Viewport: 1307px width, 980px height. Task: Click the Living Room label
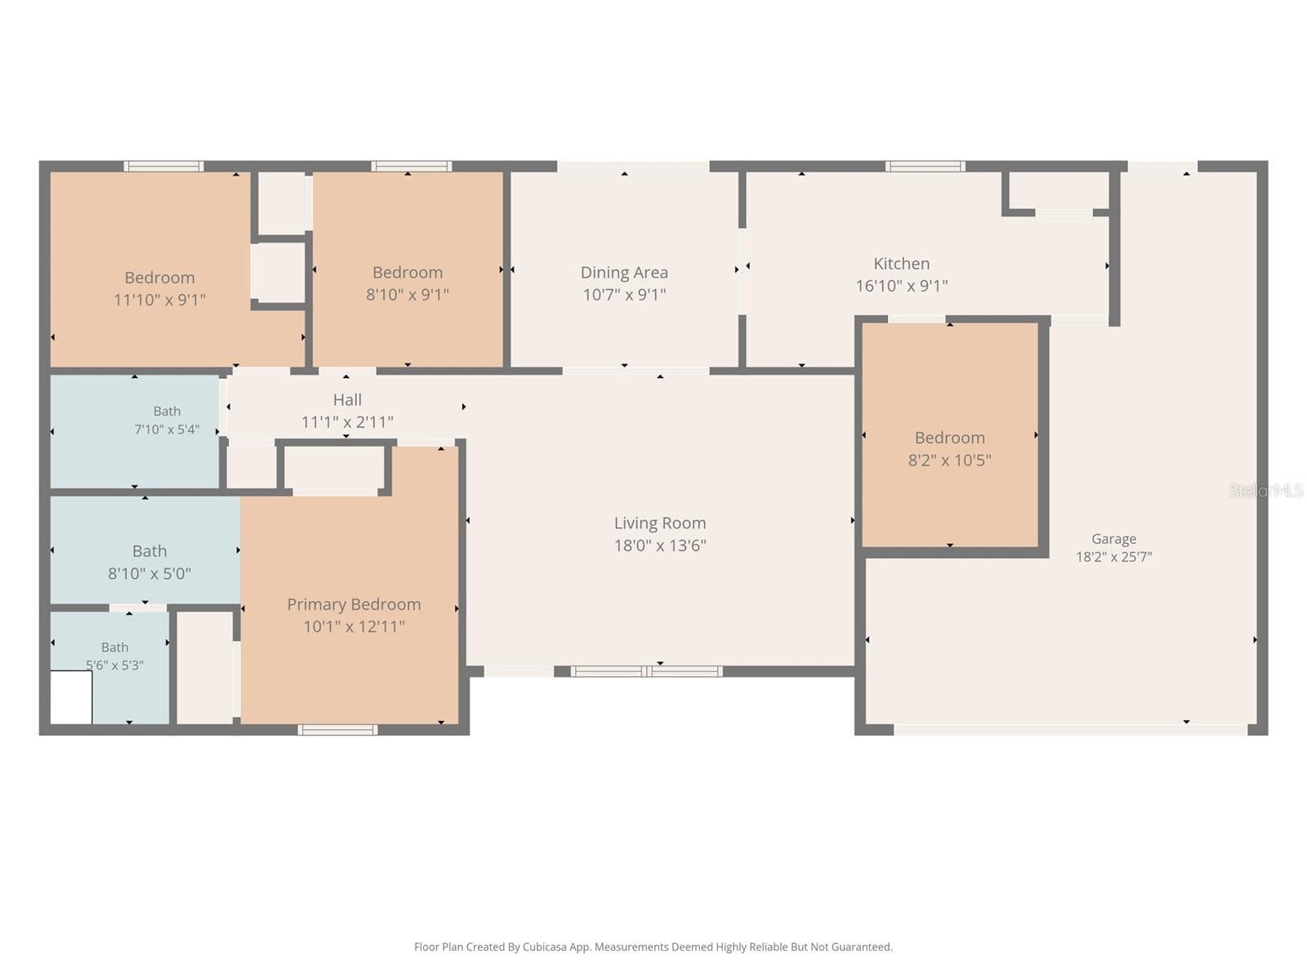(x=660, y=523)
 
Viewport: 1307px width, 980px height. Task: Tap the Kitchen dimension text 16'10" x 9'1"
(x=902, y=286)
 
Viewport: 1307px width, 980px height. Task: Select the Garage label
(x=1113, y=539)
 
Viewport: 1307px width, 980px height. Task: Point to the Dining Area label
(x=624, y=273)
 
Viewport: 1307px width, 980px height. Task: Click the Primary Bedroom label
(x=354, y=604)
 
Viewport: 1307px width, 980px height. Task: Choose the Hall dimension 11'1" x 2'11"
(x=347, y=422)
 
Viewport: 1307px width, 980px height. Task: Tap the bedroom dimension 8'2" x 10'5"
(x=950, y=461)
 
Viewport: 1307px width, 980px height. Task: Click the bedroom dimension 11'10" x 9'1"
(x=159, y=299)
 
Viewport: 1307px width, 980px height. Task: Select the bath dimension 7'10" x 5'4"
(x=167, y=429)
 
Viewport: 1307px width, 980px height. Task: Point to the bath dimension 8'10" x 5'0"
(x=149, y=573)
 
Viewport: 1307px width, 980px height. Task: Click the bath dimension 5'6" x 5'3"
(x=115, y=666)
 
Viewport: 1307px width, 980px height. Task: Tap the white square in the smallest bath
(x=71, y=697)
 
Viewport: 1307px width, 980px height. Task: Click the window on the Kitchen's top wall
(x=925, y=166)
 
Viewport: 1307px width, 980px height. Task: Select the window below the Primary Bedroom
(x=337, y=730)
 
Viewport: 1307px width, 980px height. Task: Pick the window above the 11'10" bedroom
(x=163, y=166)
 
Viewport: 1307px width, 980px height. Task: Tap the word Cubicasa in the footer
(x=545, y=947)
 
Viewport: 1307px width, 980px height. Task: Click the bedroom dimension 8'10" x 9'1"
(x=408, y=295)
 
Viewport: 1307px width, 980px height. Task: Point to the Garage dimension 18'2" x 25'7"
(x=1113, y=557)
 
